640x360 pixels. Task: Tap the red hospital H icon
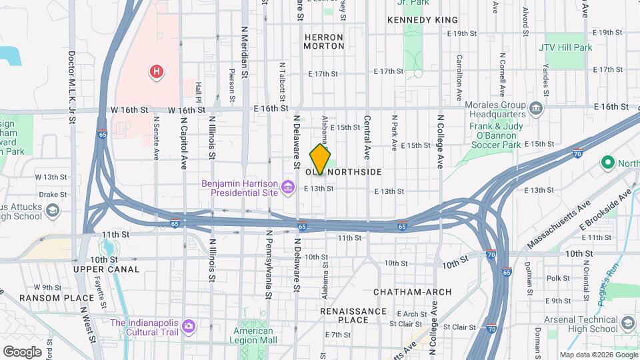point(157,71)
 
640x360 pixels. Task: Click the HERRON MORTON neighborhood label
point(324,41)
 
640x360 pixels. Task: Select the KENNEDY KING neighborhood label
point(423,21)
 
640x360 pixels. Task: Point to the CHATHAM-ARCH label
point(412,292)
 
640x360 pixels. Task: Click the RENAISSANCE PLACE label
point(353,315)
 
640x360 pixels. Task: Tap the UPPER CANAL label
point(107,269)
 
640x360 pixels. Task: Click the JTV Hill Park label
point(565,48)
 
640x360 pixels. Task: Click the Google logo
point(22,351)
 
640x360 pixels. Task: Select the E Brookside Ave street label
point(607,208)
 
